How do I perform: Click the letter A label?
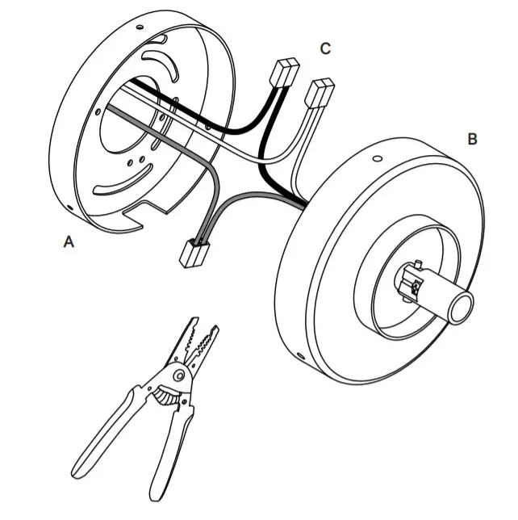click(x=69, y=240)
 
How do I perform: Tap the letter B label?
click(x=472, y=139)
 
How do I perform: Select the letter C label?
click(x=324, y=49)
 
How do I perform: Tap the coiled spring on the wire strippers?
click(x=166, y=396)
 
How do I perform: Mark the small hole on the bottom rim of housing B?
click(x=300, y=354)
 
